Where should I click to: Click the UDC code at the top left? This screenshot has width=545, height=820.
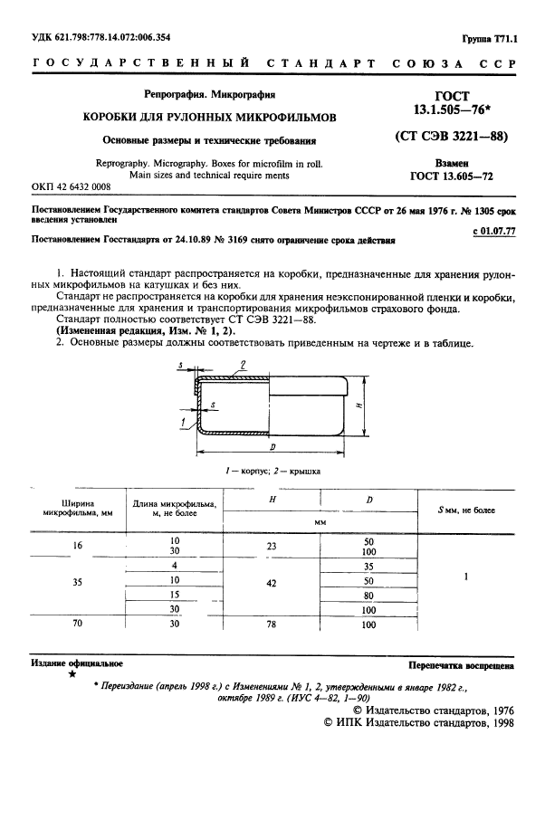coord(101,37)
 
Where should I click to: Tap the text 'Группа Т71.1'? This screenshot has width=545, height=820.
coord(488,38)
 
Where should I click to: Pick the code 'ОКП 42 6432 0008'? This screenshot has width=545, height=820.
coord(71,186)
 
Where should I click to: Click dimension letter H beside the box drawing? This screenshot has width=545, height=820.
coord(359,406)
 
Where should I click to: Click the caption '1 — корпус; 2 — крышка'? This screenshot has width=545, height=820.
coord(272,472)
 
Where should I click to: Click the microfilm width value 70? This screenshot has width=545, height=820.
coord(77,624)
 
